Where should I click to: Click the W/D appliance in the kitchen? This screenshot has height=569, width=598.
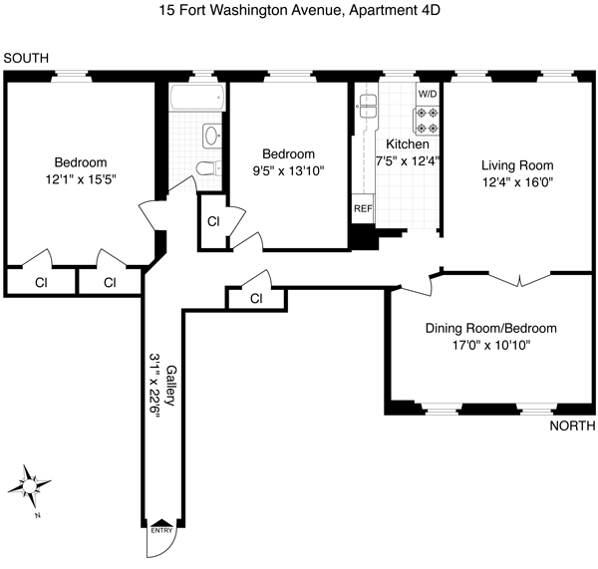tap(428, 94)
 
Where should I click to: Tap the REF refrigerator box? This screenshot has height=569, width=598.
tap(362, 210)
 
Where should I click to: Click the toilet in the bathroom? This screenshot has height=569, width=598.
tap(206, 168)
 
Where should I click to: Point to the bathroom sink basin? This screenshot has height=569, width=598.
tap(211, 136)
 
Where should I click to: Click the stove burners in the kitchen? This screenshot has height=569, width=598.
tap(428, 121)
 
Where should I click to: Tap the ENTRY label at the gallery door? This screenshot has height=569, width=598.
tap(161, 530)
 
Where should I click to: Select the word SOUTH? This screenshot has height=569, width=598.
tap(26, 59)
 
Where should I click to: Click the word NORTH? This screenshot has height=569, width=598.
tap(571, 427)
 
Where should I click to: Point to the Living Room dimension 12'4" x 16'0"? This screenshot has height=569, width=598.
tap(516, 182)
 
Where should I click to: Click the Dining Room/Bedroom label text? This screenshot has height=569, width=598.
tap(490, 329)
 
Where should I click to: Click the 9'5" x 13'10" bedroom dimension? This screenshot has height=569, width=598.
tap(288, 170)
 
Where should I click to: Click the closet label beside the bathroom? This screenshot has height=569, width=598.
tap(213, 221)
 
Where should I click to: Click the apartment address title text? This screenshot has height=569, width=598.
tap(299, 13)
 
